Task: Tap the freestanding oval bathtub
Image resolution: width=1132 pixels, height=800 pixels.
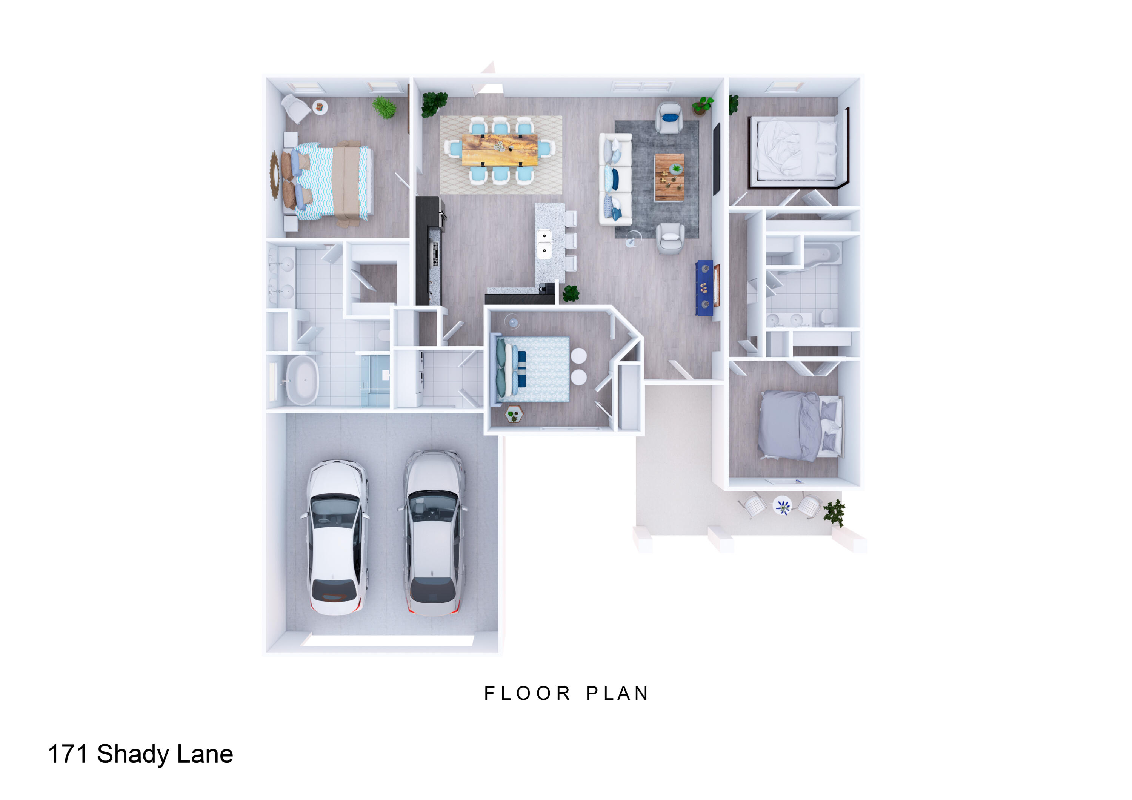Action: (302, 381)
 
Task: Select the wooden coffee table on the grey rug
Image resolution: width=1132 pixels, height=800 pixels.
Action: (669, 177)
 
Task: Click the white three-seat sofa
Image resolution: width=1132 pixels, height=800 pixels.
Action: (615, 180)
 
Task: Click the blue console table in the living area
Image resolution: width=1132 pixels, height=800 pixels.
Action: (704, 288)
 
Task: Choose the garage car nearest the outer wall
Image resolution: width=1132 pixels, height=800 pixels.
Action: (336, 537)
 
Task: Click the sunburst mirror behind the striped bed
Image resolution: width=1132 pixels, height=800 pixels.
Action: (275, 175)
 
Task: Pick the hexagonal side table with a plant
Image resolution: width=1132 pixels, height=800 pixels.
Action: (514, 414)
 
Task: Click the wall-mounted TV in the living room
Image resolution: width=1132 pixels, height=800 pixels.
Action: (717, 159)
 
